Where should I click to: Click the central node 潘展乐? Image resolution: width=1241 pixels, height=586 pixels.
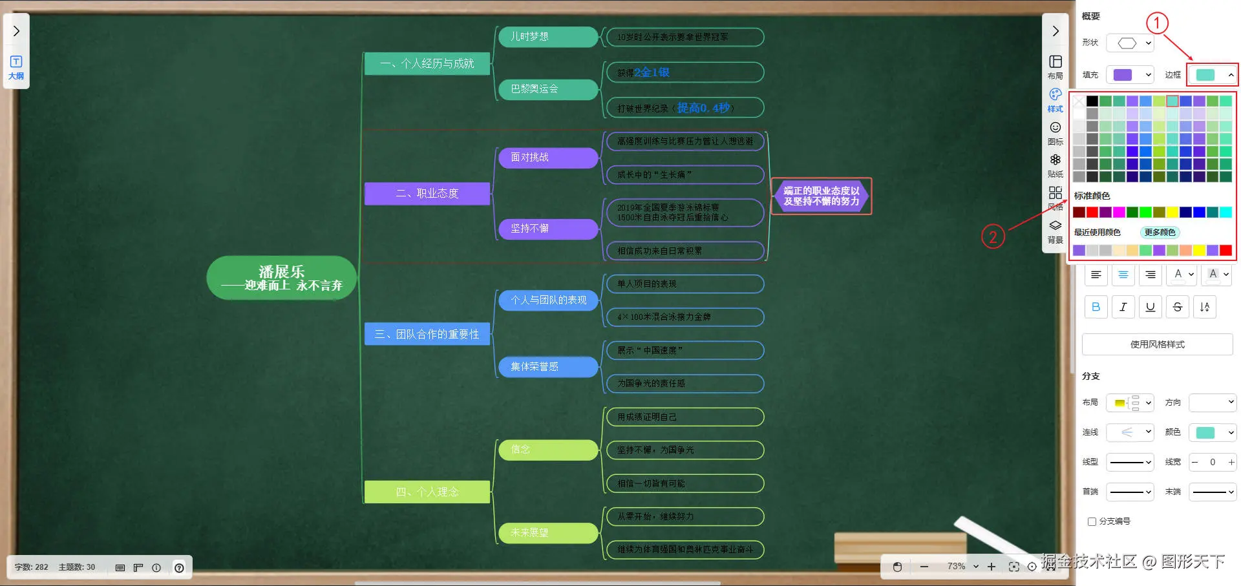coord(281,278)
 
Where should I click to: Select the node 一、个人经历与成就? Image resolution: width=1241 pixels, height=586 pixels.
coord(427,63)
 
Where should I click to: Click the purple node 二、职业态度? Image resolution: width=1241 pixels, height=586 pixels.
coord(427,193)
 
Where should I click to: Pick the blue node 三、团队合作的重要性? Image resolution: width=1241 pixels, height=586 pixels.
coord(427,334)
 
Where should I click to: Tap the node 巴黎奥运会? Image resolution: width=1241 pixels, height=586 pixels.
coord(548,89)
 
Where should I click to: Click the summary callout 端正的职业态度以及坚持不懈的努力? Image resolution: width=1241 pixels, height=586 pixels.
coord(822,196)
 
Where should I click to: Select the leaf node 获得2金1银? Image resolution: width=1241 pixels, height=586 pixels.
coord(685,72)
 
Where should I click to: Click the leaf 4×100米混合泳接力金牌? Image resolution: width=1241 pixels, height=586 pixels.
coord(685,317)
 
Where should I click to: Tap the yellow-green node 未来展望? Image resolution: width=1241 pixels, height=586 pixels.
coord(548,532)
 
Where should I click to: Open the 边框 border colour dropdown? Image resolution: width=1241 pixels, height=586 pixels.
coord(1213,75)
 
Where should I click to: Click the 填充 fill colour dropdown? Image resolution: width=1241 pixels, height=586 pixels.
coord(1130,75)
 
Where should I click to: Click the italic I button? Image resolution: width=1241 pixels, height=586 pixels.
coord(1123,307)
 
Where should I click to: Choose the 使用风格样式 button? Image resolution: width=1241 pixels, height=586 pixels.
coord(1157,344)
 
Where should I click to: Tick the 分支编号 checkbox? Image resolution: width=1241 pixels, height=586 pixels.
coord(1092,521)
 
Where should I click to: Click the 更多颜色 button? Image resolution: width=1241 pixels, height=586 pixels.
coord(1160,233)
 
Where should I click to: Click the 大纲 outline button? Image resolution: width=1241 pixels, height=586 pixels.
coord(16,67)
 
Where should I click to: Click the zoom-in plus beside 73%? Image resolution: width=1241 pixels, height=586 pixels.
coord(992,567)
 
